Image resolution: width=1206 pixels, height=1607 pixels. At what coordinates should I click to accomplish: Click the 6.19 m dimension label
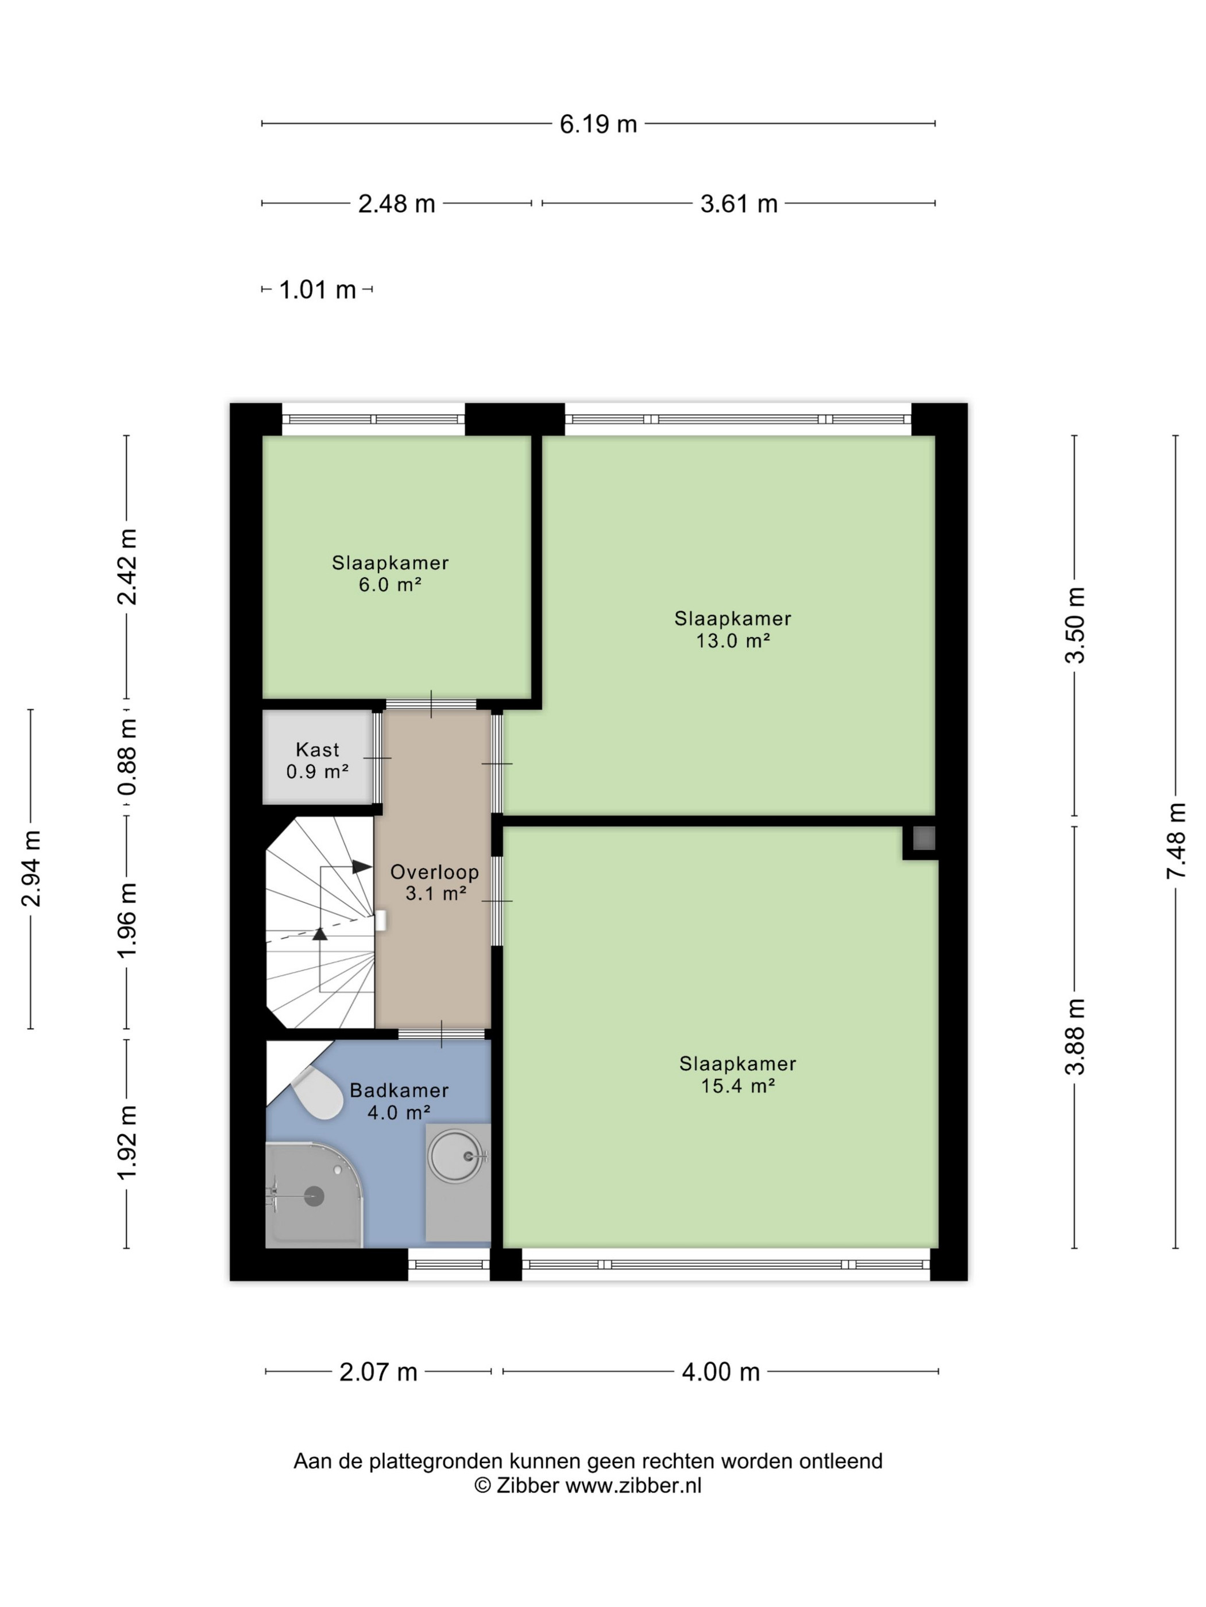[x=598, y=124]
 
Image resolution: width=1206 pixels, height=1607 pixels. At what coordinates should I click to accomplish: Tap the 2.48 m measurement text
[x=396, y=203]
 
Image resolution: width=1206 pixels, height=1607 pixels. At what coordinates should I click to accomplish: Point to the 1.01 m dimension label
[x=318, y=290]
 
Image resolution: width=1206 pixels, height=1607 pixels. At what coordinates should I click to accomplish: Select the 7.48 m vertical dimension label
[x=1176, y=841]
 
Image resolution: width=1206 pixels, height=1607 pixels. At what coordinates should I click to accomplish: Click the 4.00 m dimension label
[x=720, y=1372]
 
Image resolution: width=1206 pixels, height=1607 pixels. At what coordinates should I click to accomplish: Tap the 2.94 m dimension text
[x=31, y=868]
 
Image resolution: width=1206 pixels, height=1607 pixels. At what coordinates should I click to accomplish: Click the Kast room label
[x=318, y=749]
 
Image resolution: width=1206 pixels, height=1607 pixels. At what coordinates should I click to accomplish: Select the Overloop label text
[x=435, y=872]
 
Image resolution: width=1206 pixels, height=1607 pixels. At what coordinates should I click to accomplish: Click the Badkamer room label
[x=399, y=1090]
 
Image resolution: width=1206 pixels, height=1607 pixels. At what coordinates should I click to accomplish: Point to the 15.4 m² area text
[x=738, y=1085]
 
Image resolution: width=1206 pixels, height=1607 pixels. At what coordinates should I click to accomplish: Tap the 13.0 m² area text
[x=733, y=640]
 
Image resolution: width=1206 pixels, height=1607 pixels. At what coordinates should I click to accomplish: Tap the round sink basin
[x=456, y=1155]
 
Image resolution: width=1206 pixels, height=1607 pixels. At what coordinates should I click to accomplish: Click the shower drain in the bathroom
[x=314, y=1196]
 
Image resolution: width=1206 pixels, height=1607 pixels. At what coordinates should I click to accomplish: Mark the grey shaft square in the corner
[x=923, y=839]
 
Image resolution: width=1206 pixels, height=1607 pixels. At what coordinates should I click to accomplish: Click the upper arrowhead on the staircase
[x=362, y=867]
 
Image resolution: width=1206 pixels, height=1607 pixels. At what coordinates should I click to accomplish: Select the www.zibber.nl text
[x=633, y=1486]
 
